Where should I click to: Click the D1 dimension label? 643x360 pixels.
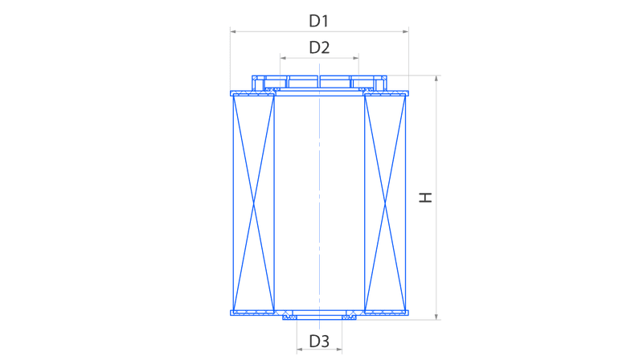coord(318,21)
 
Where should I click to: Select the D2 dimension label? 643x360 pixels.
coord(319,47)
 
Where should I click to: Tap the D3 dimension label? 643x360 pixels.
coord(319,341)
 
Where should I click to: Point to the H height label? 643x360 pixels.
coord(425,198)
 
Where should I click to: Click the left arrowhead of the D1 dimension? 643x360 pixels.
coord(233,31)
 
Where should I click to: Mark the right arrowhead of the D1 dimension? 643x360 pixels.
coord(406,31)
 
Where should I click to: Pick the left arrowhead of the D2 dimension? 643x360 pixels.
coord(283,58)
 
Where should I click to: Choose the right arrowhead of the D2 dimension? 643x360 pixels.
coord(355,58)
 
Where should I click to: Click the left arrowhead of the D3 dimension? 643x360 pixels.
coord(300,350)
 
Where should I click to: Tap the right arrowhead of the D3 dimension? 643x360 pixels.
coord(338,350)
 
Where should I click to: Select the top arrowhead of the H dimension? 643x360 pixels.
coord(436,78)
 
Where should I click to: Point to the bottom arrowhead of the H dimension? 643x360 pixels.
coord(436,317)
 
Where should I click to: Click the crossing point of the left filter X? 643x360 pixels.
coord(253,203)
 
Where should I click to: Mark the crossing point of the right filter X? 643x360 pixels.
coord(385,203)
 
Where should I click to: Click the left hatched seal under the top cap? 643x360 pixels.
coord(272,89)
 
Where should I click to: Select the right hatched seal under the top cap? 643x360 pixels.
coord(367,89)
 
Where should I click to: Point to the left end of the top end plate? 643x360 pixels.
coord(231,93)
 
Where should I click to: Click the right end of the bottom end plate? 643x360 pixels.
coord(408,313)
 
